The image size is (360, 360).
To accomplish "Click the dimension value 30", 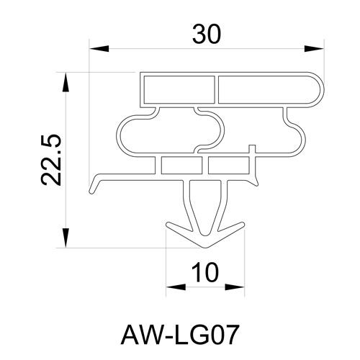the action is (x=206, y=35).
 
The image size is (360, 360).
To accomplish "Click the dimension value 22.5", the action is (x=51, y=160).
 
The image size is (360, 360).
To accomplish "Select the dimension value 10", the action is (x=205, y=272).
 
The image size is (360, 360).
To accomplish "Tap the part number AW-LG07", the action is (x=180, y=334).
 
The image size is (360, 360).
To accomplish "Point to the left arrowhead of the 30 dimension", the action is (x=99, y=49).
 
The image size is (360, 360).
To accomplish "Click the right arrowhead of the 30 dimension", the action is (x=314, y=49).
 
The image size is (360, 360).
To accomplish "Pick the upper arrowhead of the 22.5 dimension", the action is (x=66, y=82).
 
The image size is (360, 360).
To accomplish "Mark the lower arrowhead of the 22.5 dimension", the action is (x=66, y=238).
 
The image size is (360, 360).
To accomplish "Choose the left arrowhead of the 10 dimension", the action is (x=176, y=287).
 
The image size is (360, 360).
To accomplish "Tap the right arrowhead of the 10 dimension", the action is (x=235, y=287).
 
